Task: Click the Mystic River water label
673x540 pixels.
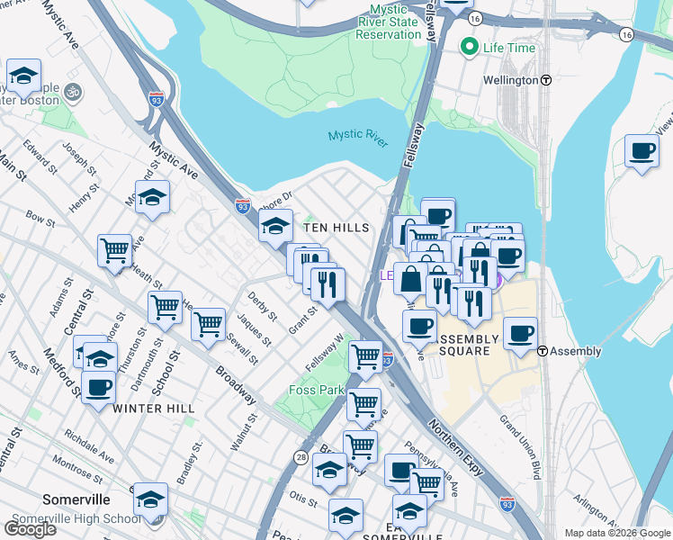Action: pyautogui.click(x=356, y=135)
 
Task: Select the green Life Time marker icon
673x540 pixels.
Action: pyautogui.click(x=468, y=48)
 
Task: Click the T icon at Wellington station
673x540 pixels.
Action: pyautogui.click(x=546, y=80)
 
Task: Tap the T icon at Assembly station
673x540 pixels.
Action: pyautogui.click(x=543, y=351)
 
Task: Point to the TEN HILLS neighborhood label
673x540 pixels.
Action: pyautogui.click(x=336, y=229)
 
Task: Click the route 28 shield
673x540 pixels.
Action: pyautogui.click(x=299, y=457)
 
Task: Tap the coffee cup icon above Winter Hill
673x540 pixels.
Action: pyautogui.click(x=99, y=387)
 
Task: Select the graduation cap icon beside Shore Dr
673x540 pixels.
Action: pyautogui.click(x=275, y=225)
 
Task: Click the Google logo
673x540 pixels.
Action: pyautogui.click(x=30, y=528)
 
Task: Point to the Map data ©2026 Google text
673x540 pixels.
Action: pyautogui.click(x=616, y=533)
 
